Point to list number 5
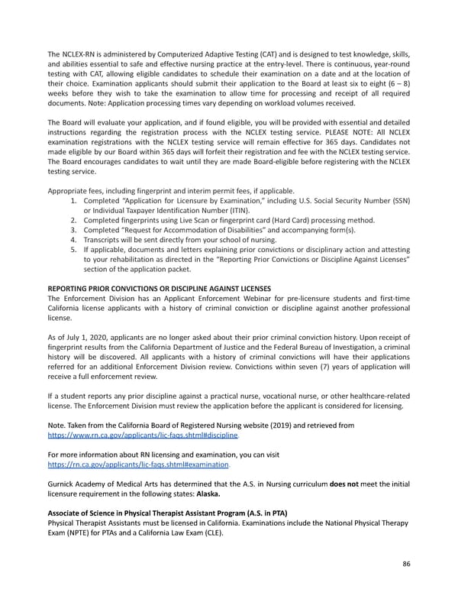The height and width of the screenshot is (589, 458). [x=73, y=250]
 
